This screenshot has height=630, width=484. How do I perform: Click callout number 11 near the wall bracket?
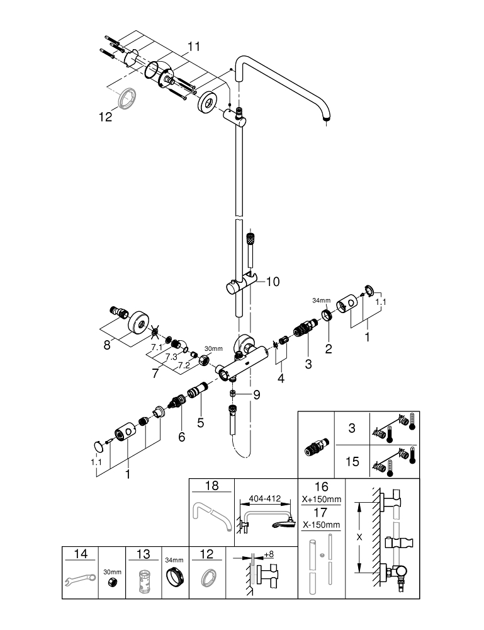[x=194, y=47]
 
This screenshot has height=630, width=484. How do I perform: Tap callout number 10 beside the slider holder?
[x=273, y=282]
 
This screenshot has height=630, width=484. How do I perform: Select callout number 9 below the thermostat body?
[x=256, y=395]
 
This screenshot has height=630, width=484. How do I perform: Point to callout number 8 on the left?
[x=107, y=345]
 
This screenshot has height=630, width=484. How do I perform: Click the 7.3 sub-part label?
[x=171, y=357]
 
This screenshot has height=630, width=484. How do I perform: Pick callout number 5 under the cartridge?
[x=201, y=423]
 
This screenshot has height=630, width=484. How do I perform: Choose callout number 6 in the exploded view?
[x=182, y=437]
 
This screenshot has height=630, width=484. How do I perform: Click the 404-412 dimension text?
[x=265, y=498]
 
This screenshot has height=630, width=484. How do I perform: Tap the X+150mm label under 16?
[x=322, y=500]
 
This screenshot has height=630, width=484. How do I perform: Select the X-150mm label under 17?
[x=321, y=525]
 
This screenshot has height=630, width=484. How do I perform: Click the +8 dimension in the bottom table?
[x=269, y=554]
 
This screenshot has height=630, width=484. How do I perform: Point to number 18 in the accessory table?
[x=212, y=485]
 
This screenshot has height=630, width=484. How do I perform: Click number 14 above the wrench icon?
[x=81, y=554]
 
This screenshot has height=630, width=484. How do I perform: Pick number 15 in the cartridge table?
[x=352, y=462]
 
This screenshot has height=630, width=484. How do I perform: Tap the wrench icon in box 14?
[x=81, y=580]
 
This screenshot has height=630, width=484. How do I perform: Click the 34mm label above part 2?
[x=322, y=300]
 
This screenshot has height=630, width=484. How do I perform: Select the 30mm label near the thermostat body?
[x=213, y=349]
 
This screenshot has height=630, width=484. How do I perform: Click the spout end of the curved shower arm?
[x=326, y=118]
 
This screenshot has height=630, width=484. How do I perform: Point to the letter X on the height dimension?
[x=359, y=537]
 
